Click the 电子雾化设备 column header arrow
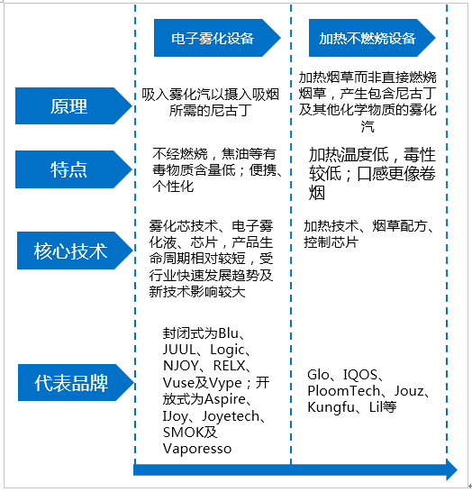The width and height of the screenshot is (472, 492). [x=217, y=38]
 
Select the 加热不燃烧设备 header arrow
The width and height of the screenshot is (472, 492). [x=372, y=38]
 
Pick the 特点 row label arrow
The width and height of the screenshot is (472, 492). [x=74, y=169]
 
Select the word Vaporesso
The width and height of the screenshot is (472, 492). [x=197, y=449]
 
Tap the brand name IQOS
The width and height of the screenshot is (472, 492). [x=360, y=375]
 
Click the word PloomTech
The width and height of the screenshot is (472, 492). [x=344, y=391]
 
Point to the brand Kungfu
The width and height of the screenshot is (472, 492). [x=331, y=407]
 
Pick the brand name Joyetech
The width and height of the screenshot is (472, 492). [x=231, y=416]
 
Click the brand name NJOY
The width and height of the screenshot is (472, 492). [x=181, y=366]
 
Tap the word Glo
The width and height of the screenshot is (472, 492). [x=318, y=375]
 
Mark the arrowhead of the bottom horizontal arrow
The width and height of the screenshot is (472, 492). [x=451, y=470]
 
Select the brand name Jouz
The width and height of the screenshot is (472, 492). [x=409, y=391]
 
